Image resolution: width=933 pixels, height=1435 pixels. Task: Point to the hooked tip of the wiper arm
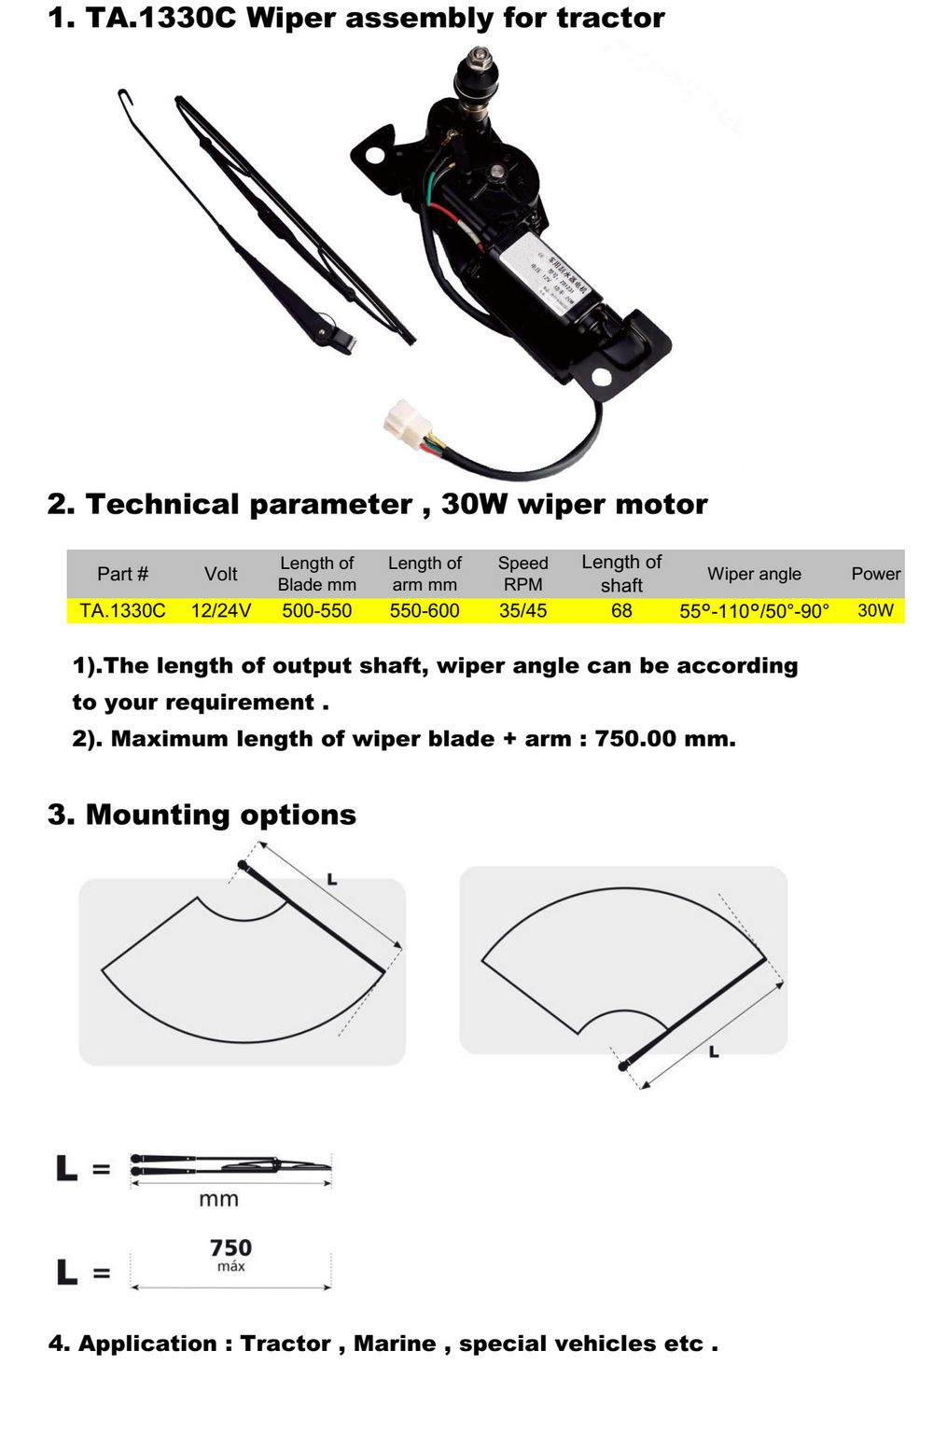click(x=124, y=95)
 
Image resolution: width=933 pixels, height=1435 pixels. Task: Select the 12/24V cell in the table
click(x=221, y=611)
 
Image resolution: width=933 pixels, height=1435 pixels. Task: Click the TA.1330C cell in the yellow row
click(x=122, y=611)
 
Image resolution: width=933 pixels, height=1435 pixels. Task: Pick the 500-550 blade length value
click(x=317, y=611)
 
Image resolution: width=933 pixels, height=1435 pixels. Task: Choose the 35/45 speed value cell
click(x=522, y=611)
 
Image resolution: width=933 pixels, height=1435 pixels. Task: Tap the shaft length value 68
click(x=621, y=611)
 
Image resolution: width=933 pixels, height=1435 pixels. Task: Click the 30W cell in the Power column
click(x=875, y=611)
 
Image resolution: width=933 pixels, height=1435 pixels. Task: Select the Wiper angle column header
click(x=754, y=574)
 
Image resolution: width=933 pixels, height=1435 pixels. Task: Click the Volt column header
click(x=221, y=574)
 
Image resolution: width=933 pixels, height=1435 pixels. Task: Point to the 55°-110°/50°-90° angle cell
click(x=754, y=611)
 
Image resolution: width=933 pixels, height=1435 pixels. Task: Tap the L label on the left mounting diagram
click(x=331, y=879)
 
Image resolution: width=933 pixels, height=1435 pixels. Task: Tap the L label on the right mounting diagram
click(x=714, y=1052)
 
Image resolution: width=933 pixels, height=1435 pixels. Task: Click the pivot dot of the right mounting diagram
click(x=623, y=1066)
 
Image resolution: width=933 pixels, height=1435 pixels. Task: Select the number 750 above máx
click(x=230, y=1247)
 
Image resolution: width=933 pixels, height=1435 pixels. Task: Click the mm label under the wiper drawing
click(x=218, y=1199)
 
